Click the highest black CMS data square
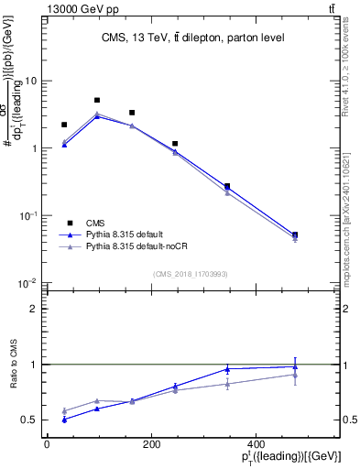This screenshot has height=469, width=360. pos(97,100)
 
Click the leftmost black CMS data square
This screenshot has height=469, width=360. pos(64,125)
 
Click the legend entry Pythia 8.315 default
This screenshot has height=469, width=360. pos(128,235)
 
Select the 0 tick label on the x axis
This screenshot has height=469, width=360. pos(47,444)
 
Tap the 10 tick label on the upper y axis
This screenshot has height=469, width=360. pos(31,81)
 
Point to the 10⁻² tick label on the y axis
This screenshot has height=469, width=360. pos(29,283)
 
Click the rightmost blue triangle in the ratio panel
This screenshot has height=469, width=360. pos(295,366)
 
